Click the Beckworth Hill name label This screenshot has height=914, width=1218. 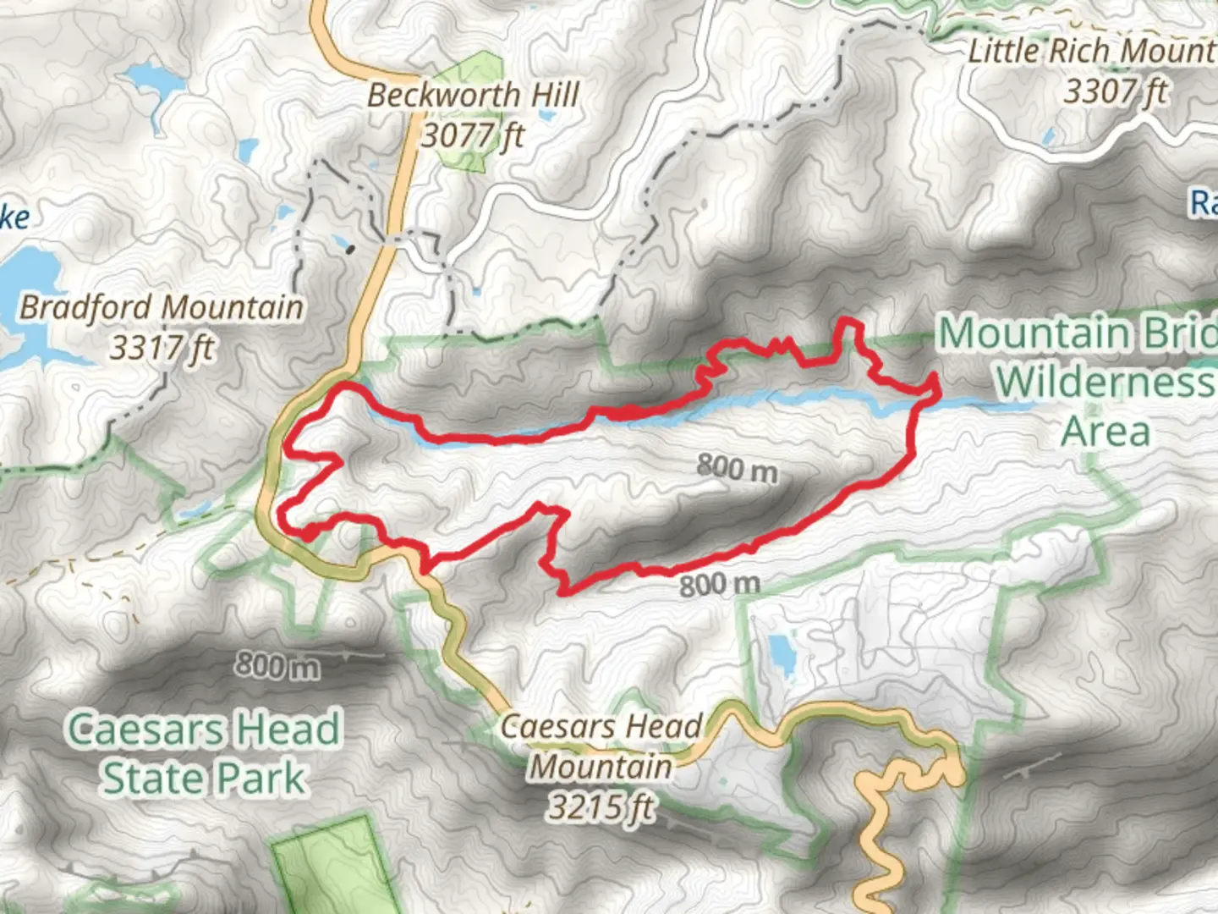(x=474, y=95)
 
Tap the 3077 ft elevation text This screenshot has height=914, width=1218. (x=474, y=135)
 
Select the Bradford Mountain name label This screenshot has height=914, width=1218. (x=162, y=307)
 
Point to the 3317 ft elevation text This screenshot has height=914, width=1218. (x=162, y=347)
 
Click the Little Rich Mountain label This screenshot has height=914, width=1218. (x=1091, y=51)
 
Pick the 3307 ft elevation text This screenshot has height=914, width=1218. (x=1115, y=91)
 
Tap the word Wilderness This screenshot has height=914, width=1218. (x=1104, y=382)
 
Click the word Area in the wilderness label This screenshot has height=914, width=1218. (x=1106, y=431)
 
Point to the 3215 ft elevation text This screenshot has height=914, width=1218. (x=601, y=807)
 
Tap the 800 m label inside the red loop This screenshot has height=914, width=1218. (x=737, y=467)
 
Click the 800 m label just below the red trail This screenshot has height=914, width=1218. (x=720, y=584)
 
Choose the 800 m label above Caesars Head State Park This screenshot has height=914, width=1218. (x=277, y=665)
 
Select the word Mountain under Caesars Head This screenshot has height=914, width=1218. (x=601, y=767)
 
